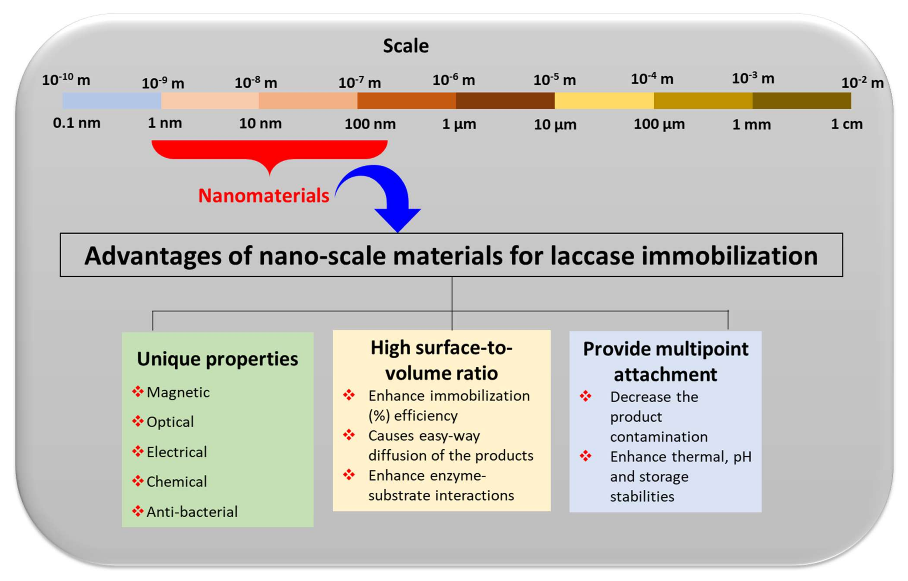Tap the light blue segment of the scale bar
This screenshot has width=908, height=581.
(x=112, y=101)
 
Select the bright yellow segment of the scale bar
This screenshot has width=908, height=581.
(x=604, y=101)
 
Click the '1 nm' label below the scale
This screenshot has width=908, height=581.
(x=165, y=123)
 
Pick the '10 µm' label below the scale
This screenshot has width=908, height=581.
(x=555, y=125)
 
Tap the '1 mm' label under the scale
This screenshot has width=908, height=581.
(x=751, y=125)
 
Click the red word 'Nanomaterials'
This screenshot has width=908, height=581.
(x=264, y=195)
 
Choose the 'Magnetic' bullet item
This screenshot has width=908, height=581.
(x=178, y=392)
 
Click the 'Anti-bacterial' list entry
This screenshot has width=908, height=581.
(x=192, y=512)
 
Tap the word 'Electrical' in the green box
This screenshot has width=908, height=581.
(x=177, y=452)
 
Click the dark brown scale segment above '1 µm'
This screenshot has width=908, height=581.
(x=505, y=101)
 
